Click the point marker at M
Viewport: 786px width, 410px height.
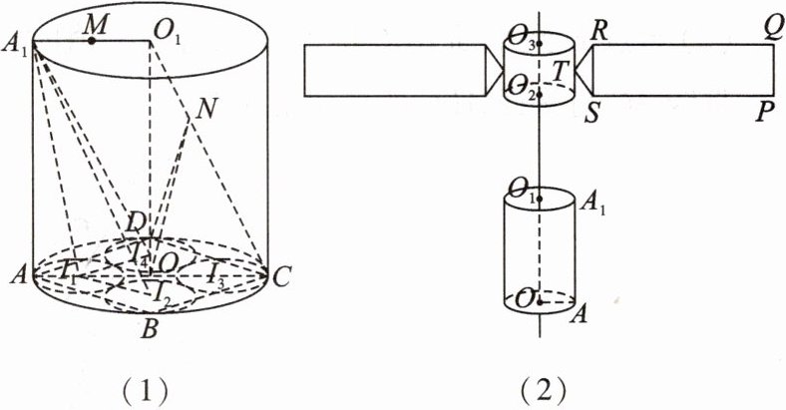92,41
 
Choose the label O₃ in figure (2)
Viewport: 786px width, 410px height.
525,41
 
